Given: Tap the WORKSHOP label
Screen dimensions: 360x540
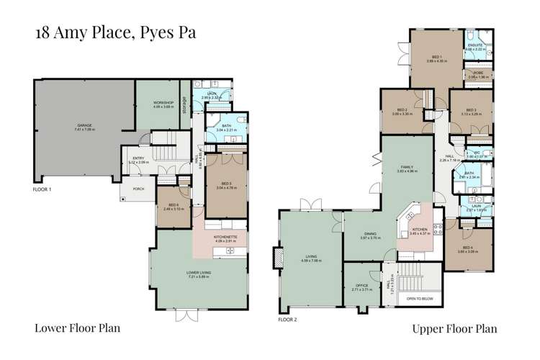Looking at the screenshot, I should [x=164, y=103].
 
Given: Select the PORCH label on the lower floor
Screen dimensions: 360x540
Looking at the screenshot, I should [x=138, y=189].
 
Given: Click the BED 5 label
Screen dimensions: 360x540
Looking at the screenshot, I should [x=225, y=185].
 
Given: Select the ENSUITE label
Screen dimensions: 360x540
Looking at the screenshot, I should [x=474, y=45].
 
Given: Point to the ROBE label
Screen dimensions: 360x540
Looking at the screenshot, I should [x=477, y=72].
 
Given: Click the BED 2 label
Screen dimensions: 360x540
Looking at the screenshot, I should [x=402, y=109].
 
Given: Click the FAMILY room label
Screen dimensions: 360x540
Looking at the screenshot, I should [x=408, y=168].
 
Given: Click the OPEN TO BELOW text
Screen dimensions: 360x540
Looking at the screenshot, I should [x=423, y=298].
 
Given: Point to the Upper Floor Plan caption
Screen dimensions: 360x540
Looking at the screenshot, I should [x=454, y=329].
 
